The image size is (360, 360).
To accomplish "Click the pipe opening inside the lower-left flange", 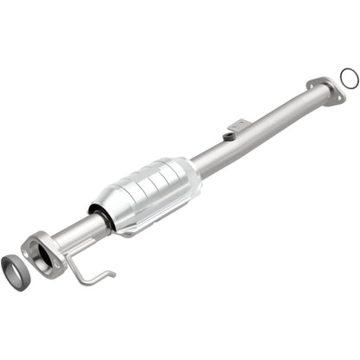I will [39, 253].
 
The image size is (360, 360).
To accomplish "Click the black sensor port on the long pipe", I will [230, 135].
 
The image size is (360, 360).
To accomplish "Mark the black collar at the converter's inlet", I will [100, 217].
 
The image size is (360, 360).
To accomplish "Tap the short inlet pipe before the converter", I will [74, 233].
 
